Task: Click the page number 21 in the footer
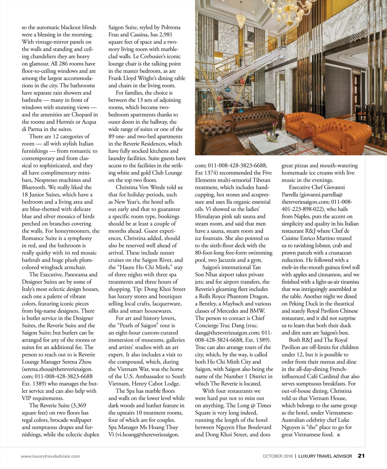(361, 456)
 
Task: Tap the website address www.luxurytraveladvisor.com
(50, 456)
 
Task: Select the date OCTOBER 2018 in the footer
(277, 456)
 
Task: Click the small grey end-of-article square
(338, 435)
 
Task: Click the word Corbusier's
(151, 56)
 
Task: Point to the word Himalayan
(211, 216)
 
